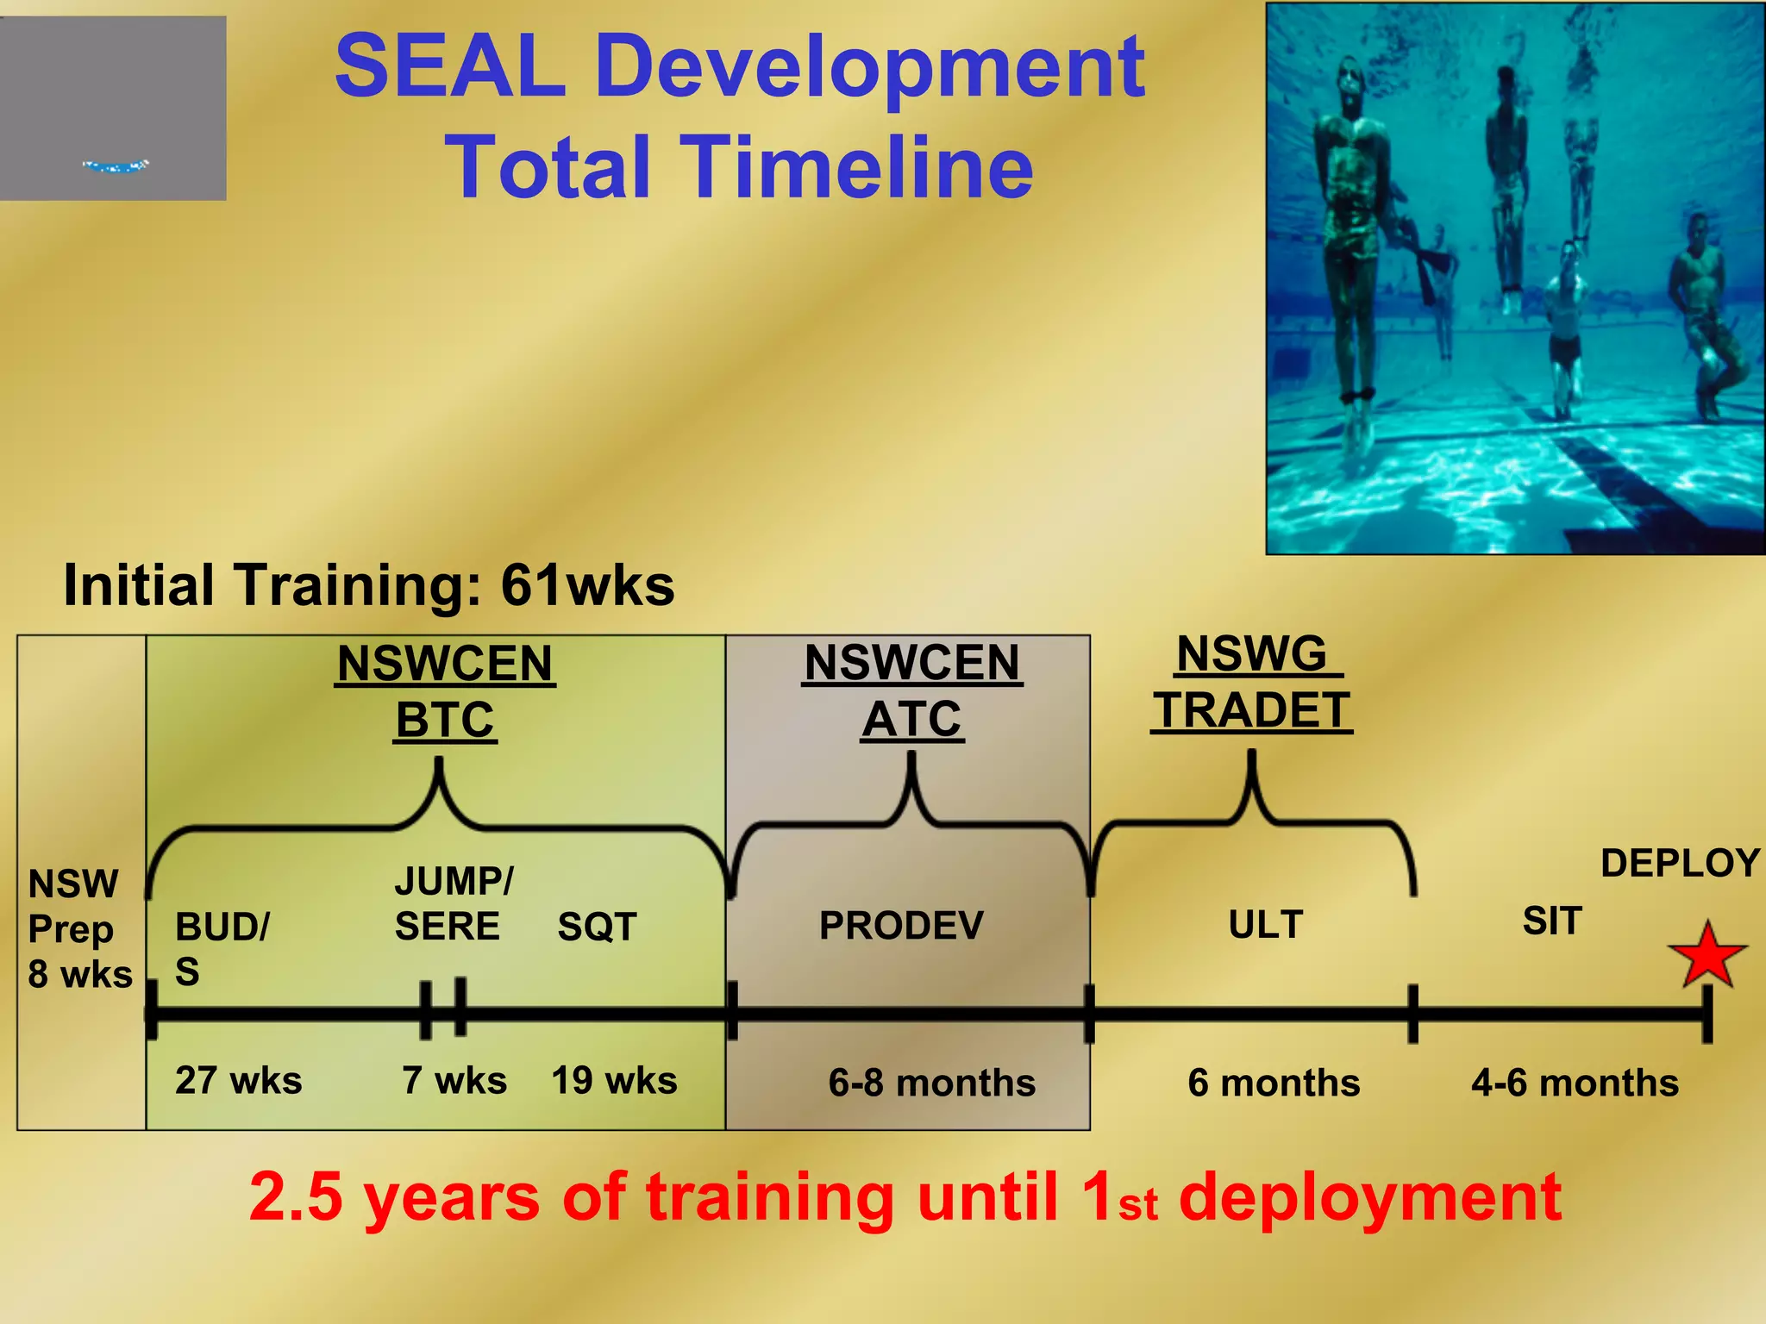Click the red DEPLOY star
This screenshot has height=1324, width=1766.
click(x=1707, y=956)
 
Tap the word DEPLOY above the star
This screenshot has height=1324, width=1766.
click(x=1680, y=864)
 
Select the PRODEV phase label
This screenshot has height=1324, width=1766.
click(x=901, y=926)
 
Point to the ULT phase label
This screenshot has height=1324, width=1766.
click(x=1266, y=925)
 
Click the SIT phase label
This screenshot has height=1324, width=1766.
click(x=1552, y=921)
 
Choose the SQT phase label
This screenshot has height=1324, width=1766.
click(x=597, y=927)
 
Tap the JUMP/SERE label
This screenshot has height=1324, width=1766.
click(x=452, y=903)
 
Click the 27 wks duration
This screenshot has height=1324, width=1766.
click(x=238, y=1080)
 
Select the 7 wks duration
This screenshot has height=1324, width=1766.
click(x=454, y=1080)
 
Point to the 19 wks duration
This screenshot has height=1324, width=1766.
click(x=614, y=1080)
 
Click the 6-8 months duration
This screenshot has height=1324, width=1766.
click(x=931, y=1083)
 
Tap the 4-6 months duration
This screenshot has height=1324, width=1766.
click(x=1575, y=1083)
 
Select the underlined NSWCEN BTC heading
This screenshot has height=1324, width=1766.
click(x=445, y=691)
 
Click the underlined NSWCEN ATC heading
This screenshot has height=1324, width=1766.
click(x=912, y=690)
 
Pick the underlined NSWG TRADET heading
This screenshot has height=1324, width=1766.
click(x=1251, y=682)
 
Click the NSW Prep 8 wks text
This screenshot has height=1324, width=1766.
click(x=79, y=929)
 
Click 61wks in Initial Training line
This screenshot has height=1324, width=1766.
click(x=587, y=586)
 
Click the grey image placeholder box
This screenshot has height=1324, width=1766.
click(x=113, y=109)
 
